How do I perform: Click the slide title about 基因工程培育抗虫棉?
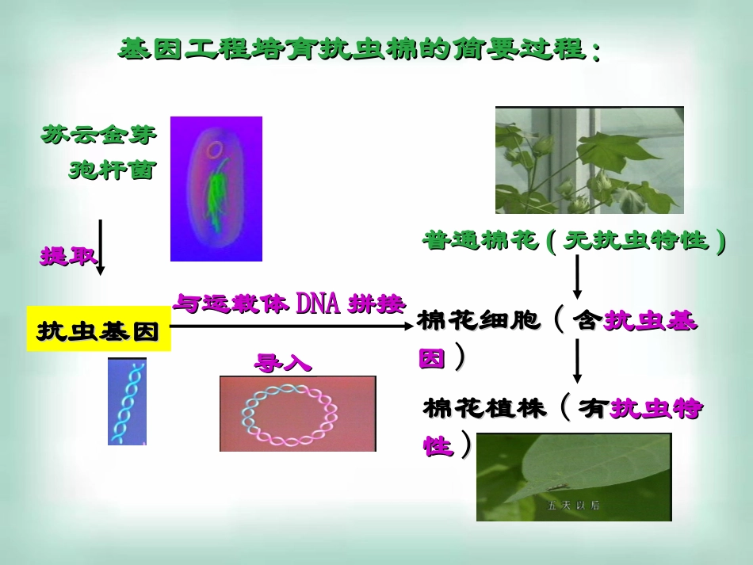(x=359, y=51)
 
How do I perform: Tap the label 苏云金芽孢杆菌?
(x=99, y=151)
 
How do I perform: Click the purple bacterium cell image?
(x=216, y=189)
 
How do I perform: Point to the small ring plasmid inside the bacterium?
(x=214, y=149)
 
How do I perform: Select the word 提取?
(x=69, y=256)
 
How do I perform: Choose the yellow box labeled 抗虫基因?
(x=98, y=329)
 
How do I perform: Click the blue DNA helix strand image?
(x=127, y=401)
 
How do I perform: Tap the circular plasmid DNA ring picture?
(x=297, y=414)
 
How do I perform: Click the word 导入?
(x=283, y=363)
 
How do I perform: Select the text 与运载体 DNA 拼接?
(x=289, y=303)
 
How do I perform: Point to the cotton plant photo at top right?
(x=589, y=160)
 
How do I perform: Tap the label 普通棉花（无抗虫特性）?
(x=574, y=240)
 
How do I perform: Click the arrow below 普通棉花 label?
(x=577, y=278)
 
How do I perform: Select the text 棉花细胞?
(x=479, y=320)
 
